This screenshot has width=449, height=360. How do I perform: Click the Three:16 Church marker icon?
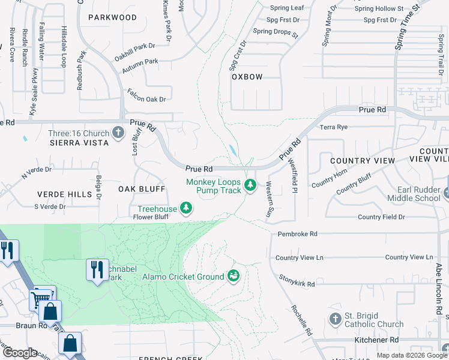[118, 133]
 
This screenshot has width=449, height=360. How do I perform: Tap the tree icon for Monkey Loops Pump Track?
[251, 186]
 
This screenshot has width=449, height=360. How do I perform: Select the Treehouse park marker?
[187, 208]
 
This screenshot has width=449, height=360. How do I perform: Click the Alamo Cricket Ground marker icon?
[234, 276]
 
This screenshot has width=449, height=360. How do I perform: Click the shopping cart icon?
[41, 297]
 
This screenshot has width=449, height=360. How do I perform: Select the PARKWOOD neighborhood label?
[112, 17]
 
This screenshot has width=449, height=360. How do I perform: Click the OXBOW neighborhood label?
[247, 77]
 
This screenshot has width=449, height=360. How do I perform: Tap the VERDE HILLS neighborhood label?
[65, 194]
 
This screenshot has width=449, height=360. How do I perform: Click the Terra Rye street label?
[334, 127]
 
